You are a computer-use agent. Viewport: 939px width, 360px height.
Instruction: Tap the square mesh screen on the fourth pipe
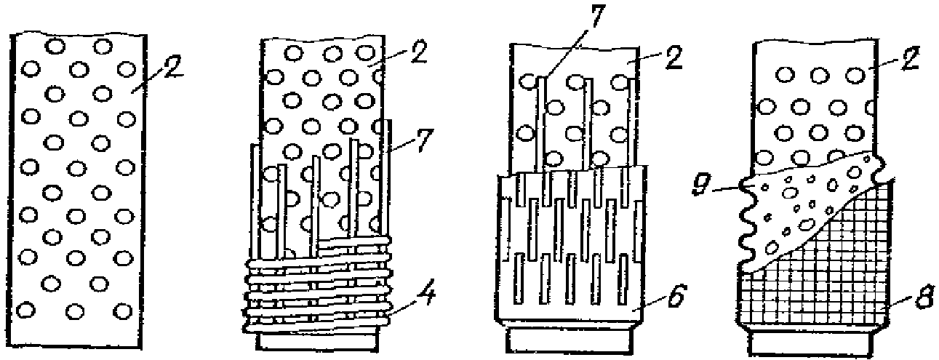click(x=822, y=284)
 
